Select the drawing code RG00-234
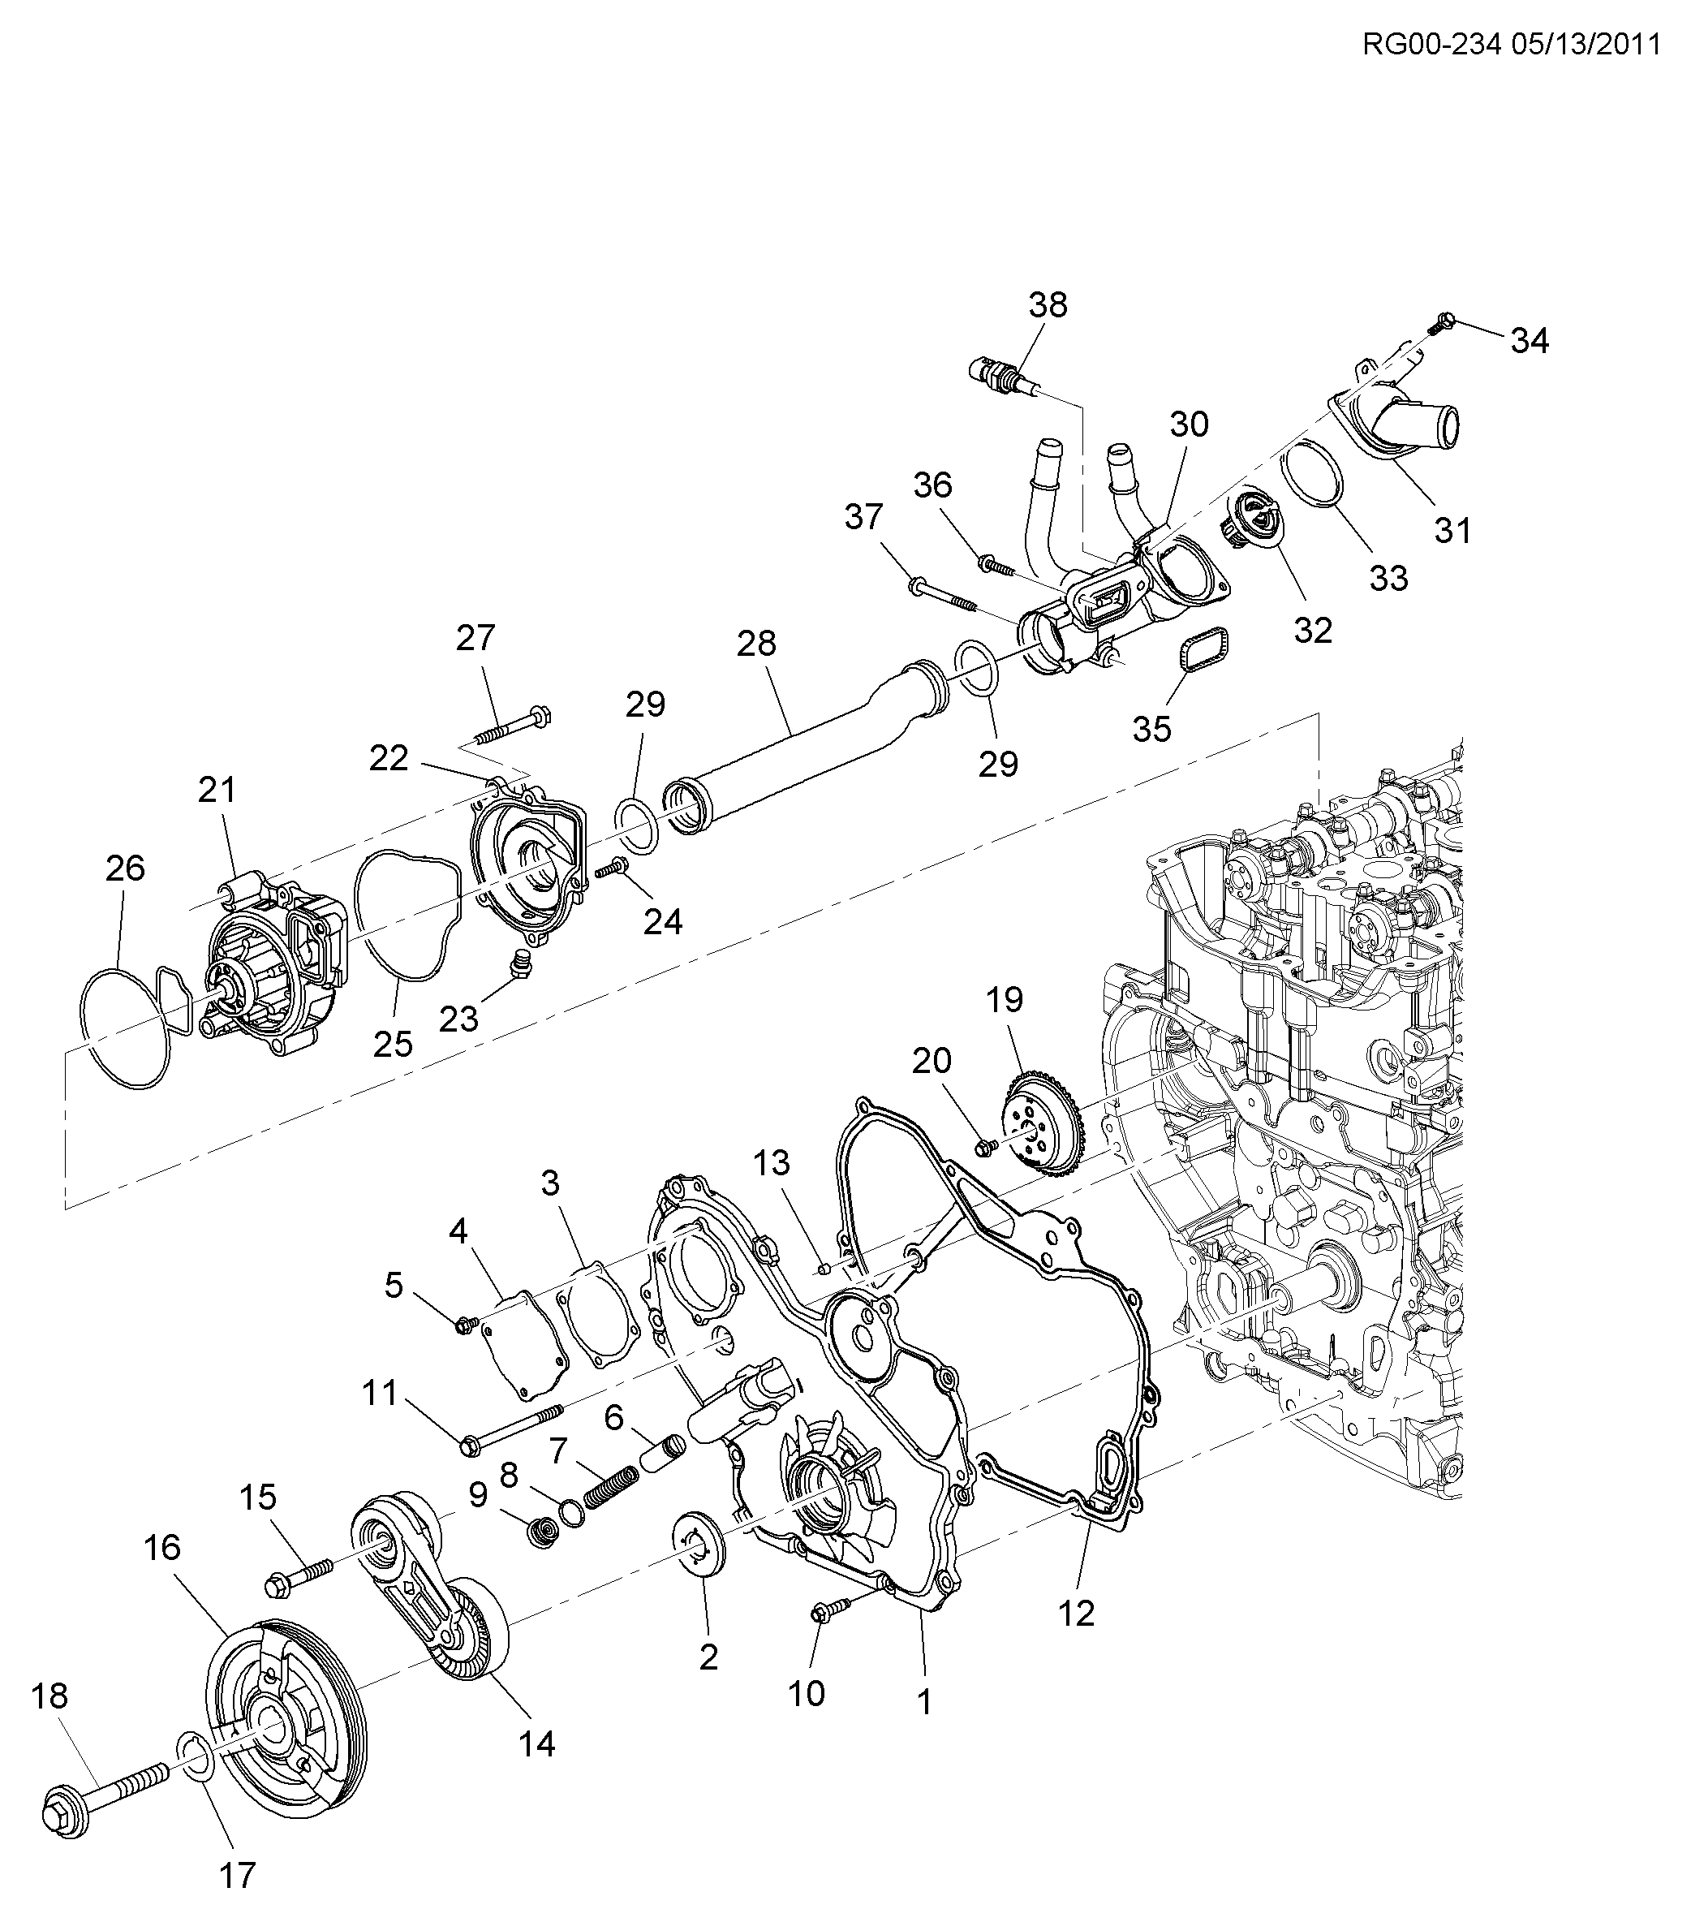pyautogui.click(x=1431, y=44)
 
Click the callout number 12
pyautogui.click(x=1076, y=1614)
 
